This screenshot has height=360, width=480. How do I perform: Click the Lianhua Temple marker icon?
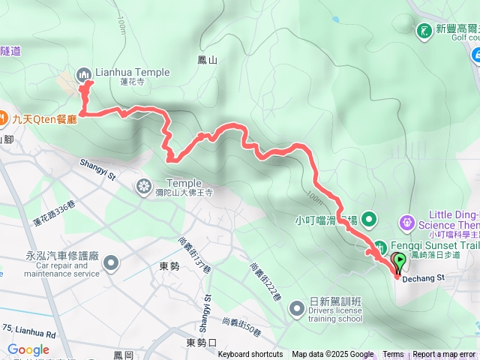[82, 73]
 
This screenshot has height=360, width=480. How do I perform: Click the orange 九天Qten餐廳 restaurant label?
[45, 118]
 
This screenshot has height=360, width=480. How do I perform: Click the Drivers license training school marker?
[298, 307]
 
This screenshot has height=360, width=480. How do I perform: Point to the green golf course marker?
[424, 29]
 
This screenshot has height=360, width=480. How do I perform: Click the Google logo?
[28, 349]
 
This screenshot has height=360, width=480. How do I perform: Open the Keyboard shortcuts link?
[250, 355]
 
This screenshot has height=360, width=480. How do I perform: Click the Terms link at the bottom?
[393, 355]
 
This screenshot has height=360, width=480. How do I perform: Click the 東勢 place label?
[169, 265]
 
